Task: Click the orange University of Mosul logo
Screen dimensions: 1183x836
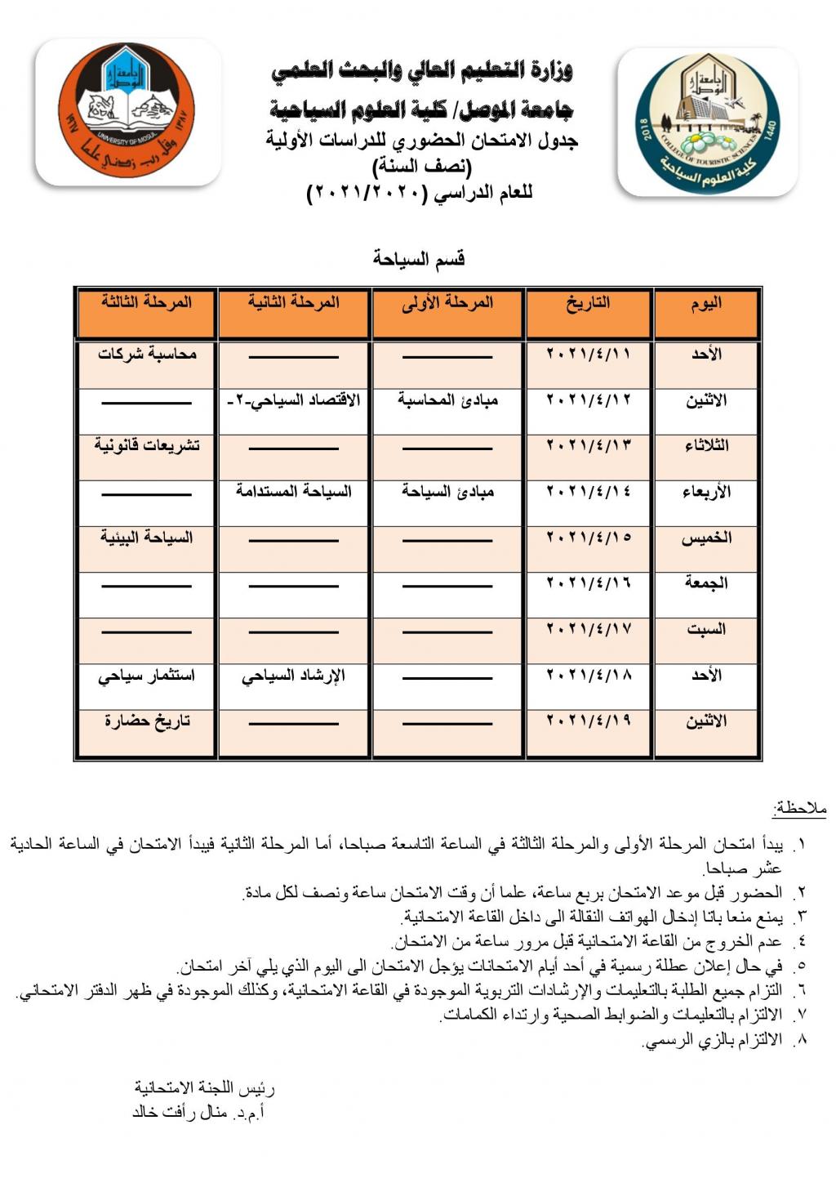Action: click(127, 112)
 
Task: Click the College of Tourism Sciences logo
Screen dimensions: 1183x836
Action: click(707, 123)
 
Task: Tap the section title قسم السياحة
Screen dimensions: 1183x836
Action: click(419, 259)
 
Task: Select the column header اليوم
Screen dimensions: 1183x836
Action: click(706, 303)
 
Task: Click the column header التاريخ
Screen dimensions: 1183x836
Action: click(589, 303)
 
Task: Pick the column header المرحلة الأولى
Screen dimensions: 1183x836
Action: click(447, 303)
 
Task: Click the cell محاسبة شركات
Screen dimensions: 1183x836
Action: click(147, 355)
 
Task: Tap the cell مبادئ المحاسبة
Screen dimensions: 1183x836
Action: click(447, 400)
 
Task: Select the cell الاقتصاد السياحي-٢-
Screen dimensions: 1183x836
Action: click(293, 400)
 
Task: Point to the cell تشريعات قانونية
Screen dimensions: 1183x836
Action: click(147, 446)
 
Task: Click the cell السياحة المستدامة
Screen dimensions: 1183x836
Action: click(293, 492)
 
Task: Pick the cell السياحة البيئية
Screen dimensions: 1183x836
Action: click(147, 538)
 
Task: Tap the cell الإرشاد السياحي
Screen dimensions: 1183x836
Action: click(293, 676)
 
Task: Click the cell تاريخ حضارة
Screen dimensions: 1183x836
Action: click(147, 721)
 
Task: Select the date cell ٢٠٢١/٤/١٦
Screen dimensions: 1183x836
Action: click(589, 583)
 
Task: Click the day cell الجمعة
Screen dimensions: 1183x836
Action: click(706, 583)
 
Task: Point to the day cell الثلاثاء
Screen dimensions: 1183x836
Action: click(706, 446)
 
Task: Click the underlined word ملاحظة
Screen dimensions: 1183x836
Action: click(799, 809)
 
